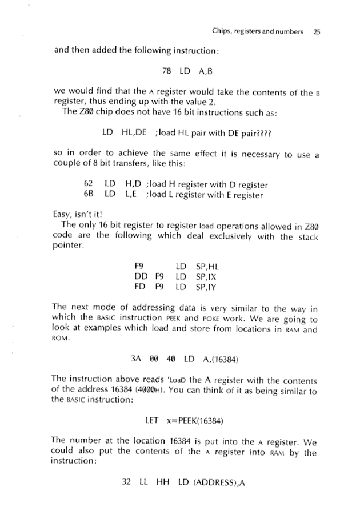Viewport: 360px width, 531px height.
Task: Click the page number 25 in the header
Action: [x=317, y=32]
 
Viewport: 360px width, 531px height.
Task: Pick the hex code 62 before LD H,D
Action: [x=89, y=185]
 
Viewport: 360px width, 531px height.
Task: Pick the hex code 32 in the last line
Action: [x=128, y=483]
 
